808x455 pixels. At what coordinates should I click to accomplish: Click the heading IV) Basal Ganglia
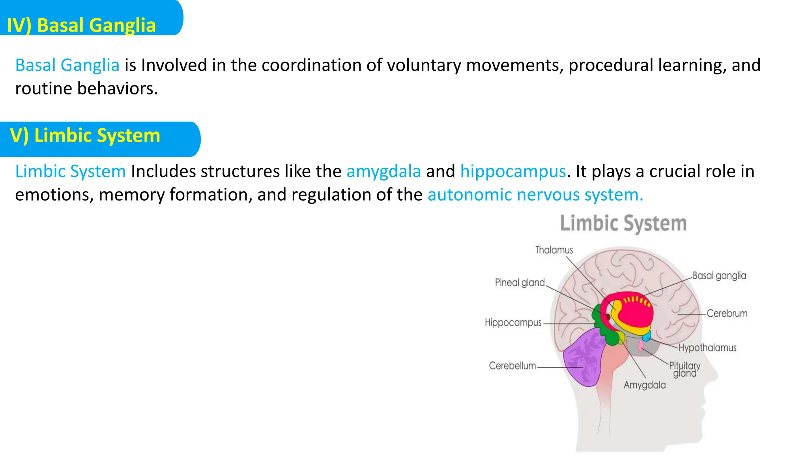(x=81, y=25)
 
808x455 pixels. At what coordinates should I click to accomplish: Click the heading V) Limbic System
(x=85, y=135)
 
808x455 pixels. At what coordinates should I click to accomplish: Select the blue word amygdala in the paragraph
(x=383, y=171)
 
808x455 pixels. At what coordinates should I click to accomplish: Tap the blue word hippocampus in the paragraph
(x=513, y=171)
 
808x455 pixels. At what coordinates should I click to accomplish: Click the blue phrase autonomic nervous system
(x=535, y=195)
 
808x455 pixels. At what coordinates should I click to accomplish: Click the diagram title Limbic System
(x=623, y=223)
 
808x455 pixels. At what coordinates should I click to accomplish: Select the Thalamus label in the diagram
(x=554, y=250)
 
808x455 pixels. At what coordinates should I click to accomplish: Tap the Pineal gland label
(x=520, y=283)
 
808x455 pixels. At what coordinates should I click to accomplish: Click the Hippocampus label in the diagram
(x=513, y=323)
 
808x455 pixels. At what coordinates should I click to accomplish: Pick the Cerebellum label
(x=512, y=366)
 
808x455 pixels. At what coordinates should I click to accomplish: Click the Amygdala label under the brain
(x=644, y=385)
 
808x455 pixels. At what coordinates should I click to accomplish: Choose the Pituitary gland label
(x=685, y=369)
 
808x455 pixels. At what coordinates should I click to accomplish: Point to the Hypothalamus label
(x=707, y=348)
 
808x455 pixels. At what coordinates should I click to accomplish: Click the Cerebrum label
(x=727, y=314)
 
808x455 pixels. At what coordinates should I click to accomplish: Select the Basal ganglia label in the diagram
(x=719, y=276)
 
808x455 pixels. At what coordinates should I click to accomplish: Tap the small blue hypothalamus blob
(x=646, y=337)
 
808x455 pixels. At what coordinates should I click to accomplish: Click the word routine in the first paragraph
(x=43, y=88)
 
